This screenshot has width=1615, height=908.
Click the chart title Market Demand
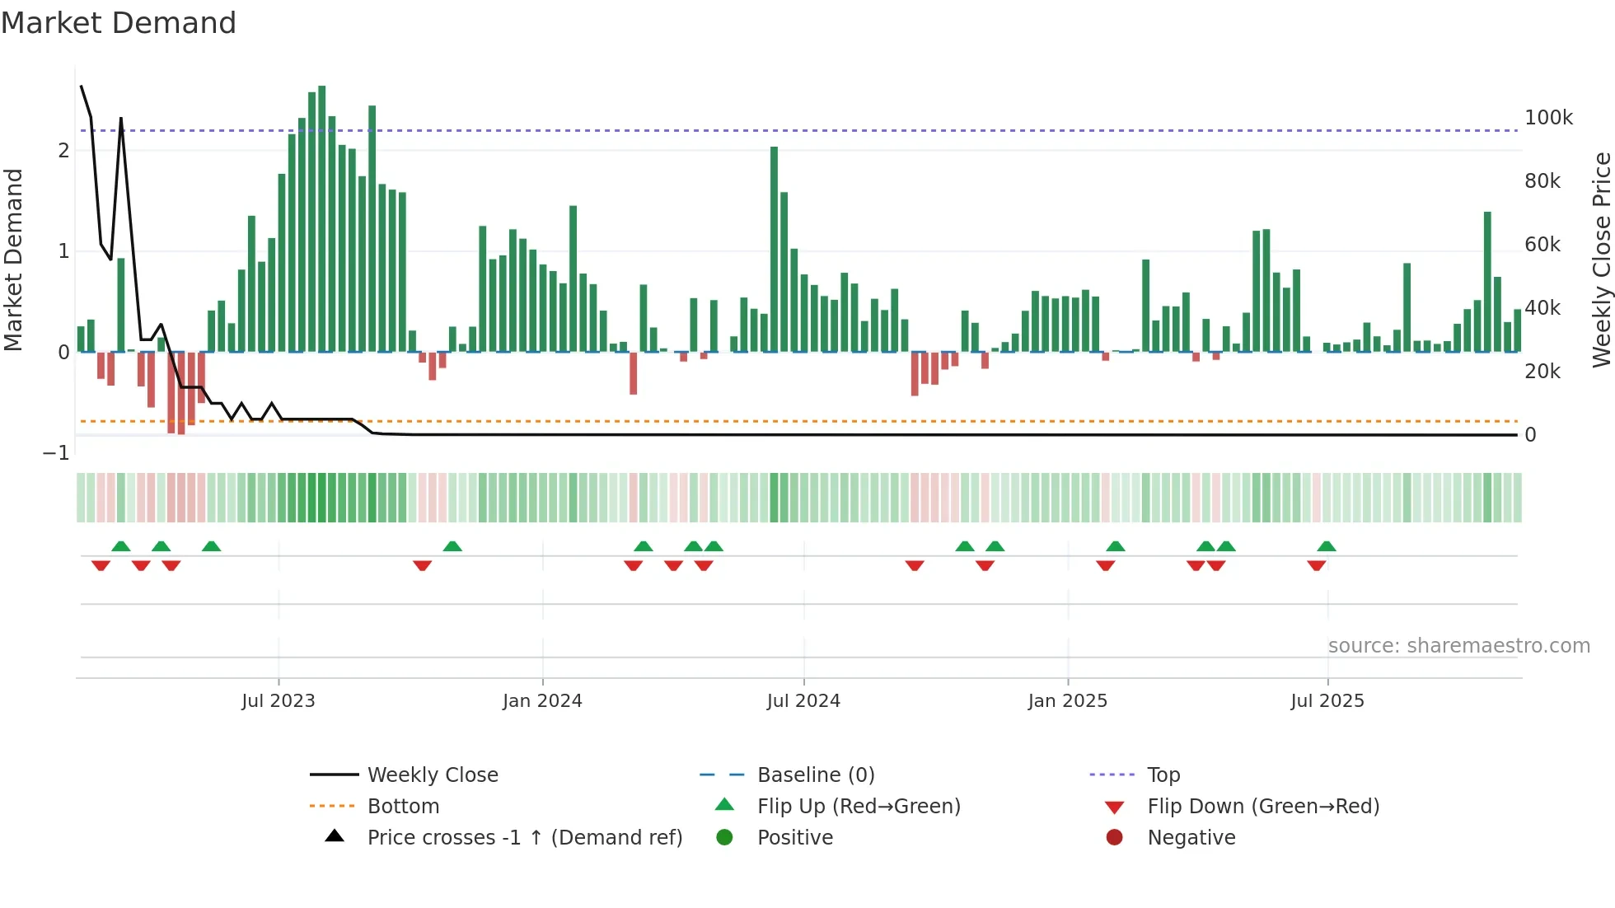click(x=119, y=23)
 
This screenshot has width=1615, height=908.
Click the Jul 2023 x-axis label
click(x=279, y=701)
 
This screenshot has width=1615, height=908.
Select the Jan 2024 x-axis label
click(x=542, y=701)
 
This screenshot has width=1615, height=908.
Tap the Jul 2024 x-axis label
click(x=803, y=701)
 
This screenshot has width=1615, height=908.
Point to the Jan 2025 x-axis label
click(x=1068, y=701)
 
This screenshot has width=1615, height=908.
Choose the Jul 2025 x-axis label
click(x=1327, y=701)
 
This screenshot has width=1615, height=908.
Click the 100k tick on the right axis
click(x=1548, y=118)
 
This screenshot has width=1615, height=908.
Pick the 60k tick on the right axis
click(x=1542, y=245)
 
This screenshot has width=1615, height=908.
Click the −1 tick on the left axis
click(x=56, y=453)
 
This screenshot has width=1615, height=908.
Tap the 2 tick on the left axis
click(x=63, y=151)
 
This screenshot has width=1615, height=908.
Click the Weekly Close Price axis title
click(x=1601, y=260)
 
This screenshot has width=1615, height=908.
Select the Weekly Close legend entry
click(x=433, y=775)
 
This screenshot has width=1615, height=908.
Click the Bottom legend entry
click(x=403, y=807)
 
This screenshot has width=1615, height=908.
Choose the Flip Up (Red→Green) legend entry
click(x=859, y=807)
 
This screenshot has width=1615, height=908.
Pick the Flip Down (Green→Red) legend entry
click(x=1263, y=807)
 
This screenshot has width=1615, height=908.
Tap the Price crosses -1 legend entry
click(x=524, y=838)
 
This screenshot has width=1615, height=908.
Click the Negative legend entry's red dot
click(x=1114, y=838)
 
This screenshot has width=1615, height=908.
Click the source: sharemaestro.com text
click(x=1458, y=646)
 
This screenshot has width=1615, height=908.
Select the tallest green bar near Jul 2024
click(x=774, y=247)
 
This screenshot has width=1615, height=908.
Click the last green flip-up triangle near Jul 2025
click(x=1327, y=546)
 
